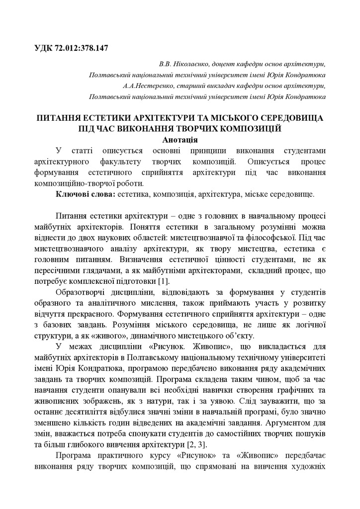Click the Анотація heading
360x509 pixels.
(180, 140)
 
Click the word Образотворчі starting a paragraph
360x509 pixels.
(82, 291)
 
